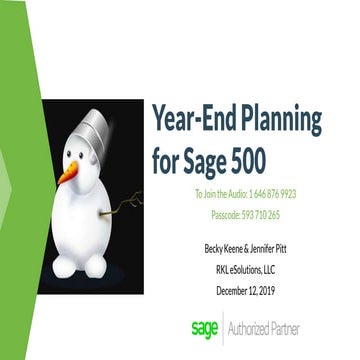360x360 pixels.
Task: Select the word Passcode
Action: (x=232, y=214)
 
